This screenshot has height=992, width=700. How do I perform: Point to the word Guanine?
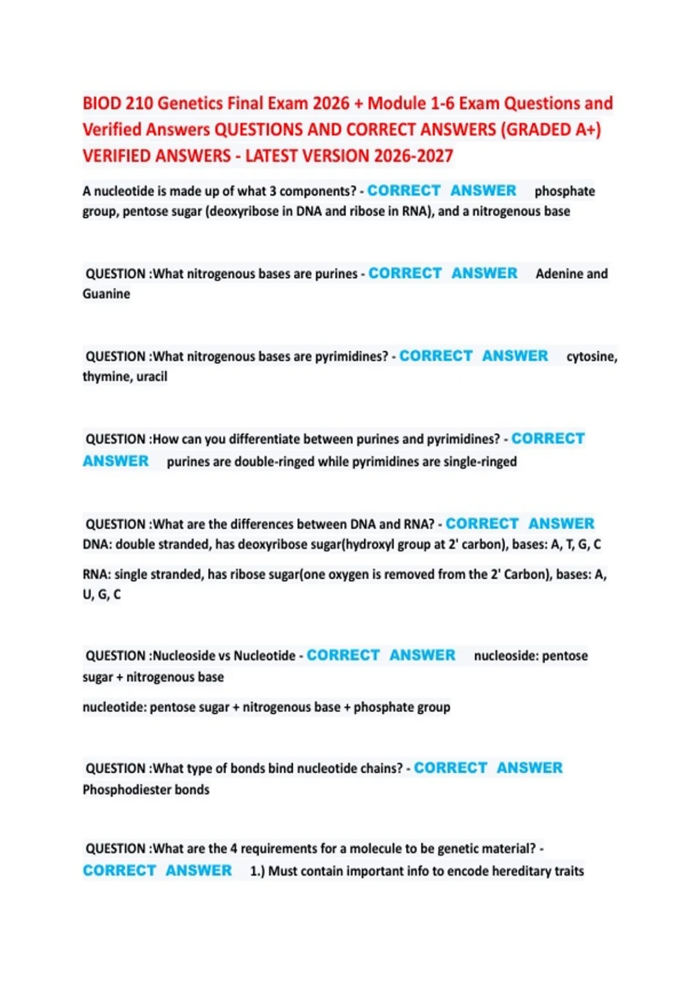coord(106,294)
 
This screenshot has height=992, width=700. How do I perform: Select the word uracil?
coord(152,377)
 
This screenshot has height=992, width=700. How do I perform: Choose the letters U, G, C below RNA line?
coord(101,595)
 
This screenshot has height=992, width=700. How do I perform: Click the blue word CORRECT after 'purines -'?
coord(405,274)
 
